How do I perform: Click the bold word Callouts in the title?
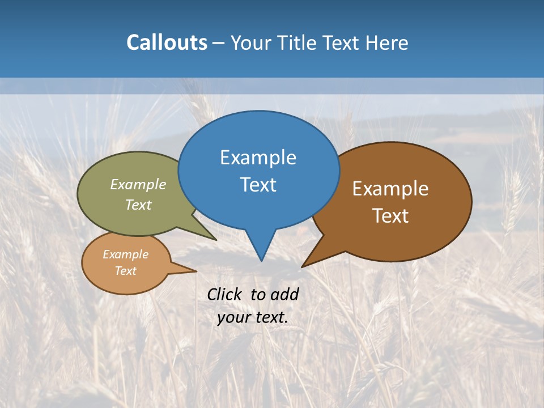(167, 42)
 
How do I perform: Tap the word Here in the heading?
(387, 42)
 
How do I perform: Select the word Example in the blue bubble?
(258, 158)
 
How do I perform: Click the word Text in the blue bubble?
(258, 185)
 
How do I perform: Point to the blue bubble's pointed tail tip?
(261, 261)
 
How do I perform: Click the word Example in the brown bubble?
(390, 189)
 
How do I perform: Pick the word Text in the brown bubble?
(390, 216)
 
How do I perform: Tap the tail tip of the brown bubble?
(302, 266)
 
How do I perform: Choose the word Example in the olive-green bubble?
(138, 185)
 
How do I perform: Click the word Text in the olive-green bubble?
(138, 205)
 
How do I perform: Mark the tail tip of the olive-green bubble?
(216, 240)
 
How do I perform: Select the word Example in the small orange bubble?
(126, 255)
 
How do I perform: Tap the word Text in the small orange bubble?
(126, 271)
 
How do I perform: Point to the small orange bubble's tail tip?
(196, 271)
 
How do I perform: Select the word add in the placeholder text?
(284, 294)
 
